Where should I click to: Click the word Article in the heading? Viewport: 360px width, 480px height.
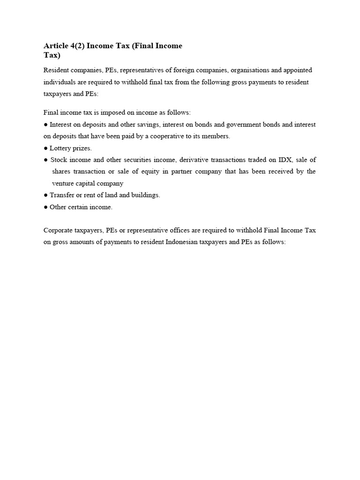click(x=55, y=46)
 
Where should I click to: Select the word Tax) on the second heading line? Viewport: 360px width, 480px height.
click(x=52, y=55)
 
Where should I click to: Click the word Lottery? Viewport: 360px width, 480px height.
click(x=61, y=148)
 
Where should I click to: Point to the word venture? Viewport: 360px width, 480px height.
click(x=63, y=183)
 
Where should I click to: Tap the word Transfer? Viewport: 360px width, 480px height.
click(x=62, y=195)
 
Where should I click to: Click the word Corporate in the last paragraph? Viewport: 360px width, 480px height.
click(x=59, y=230)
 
